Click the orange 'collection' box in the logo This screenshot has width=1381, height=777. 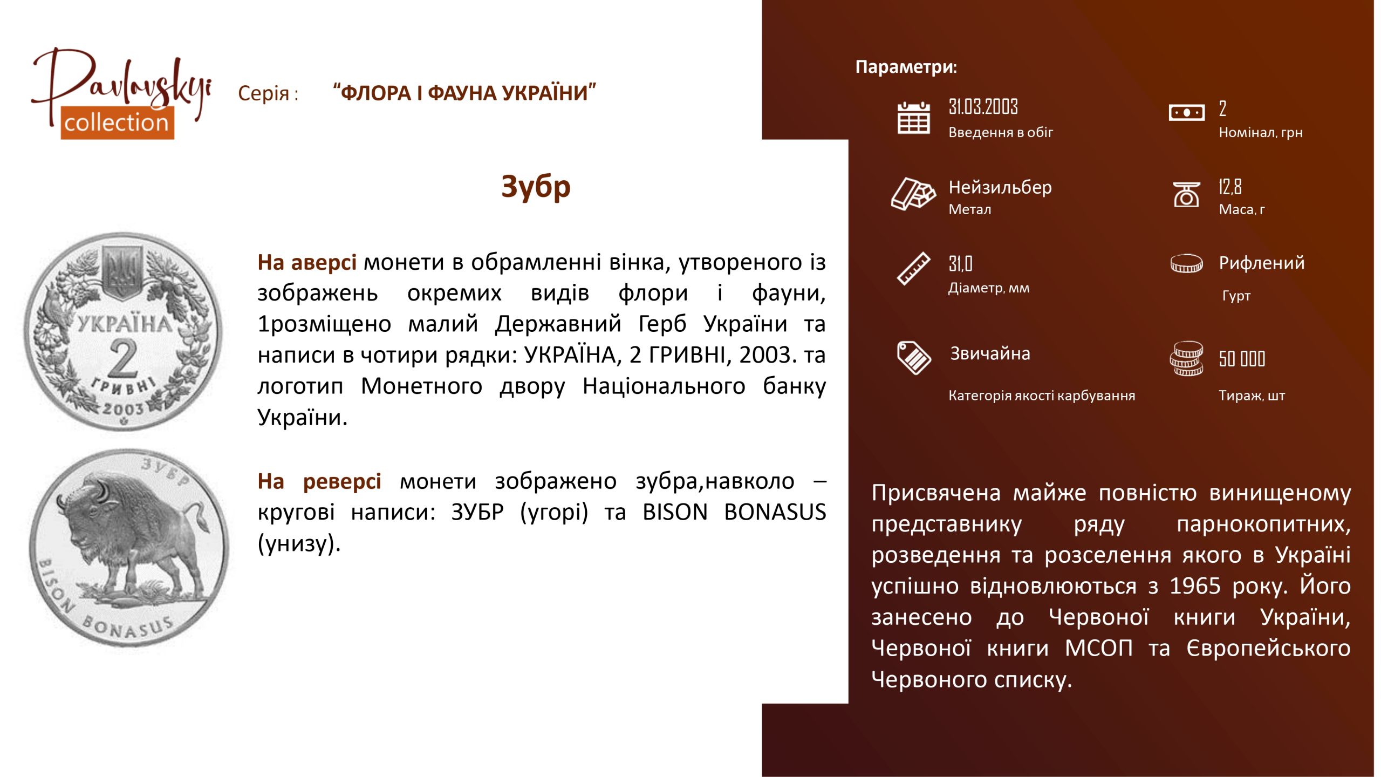(117, 122)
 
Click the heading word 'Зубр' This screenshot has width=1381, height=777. (536, 187)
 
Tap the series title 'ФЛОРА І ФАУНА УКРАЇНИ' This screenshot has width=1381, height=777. (464, 93)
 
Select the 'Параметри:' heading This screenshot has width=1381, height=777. (906, 67)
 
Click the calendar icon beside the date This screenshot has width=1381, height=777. (913, 118)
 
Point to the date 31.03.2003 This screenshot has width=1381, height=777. (983, 107)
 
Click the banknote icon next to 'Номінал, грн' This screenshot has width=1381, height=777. (1186, 113)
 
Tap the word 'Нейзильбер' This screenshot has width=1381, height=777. (1000, 187)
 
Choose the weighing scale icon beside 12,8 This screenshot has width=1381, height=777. (1187, 194)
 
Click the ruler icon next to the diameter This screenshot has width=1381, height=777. (913, 268)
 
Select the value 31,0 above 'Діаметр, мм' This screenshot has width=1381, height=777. (960, 264)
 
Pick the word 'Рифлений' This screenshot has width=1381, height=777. (1262, 263)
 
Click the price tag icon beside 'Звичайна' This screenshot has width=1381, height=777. (914, 358)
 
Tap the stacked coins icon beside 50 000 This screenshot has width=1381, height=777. (1186, 358)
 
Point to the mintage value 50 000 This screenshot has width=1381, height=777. (1242, 359)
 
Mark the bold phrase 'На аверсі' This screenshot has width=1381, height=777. (307, 263)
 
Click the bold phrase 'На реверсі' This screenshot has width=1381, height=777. (319, 481)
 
